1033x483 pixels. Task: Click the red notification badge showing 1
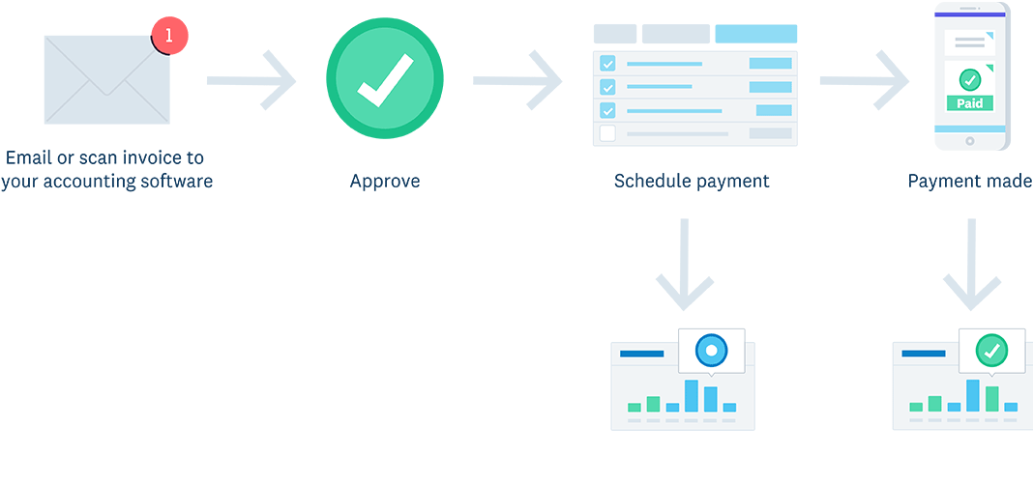click(169, 36)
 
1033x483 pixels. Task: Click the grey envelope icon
click(106, 82)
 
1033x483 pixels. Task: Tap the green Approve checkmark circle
click(384, 80)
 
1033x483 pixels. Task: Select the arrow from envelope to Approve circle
click(251, 80)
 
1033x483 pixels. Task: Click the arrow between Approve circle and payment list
click(517, 80)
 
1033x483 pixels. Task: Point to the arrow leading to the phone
click(864, 80)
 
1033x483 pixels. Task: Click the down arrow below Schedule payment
click(685, 266)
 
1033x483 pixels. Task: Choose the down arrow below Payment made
click(971, 266)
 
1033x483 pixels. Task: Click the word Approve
click(385, 181)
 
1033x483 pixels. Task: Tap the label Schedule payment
click(692, 181)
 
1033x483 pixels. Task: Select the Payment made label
click(969, 181)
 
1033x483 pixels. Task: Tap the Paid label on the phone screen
click(969, 103)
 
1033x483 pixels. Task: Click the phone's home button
click(970, 142)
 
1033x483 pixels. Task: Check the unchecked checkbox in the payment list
click(607, 133)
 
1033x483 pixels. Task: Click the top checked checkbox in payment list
click(607, 64)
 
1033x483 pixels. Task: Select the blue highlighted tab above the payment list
click(755, 34)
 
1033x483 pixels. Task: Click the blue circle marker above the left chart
click(711, 350)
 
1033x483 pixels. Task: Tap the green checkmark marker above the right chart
click(990, 351)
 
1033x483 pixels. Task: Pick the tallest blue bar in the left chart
click(692, 396)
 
